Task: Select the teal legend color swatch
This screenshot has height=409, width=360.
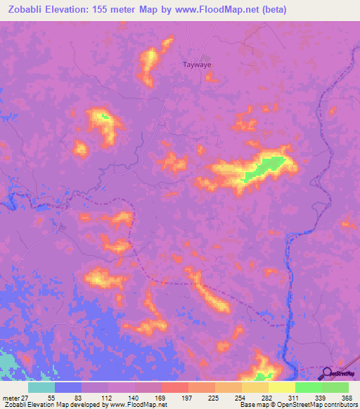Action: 41,387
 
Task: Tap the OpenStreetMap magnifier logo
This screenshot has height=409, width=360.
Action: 328,373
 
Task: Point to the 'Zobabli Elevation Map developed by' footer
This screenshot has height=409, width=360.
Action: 52,405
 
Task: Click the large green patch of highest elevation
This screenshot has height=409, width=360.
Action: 266,167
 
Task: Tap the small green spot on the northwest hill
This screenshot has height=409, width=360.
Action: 104,117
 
